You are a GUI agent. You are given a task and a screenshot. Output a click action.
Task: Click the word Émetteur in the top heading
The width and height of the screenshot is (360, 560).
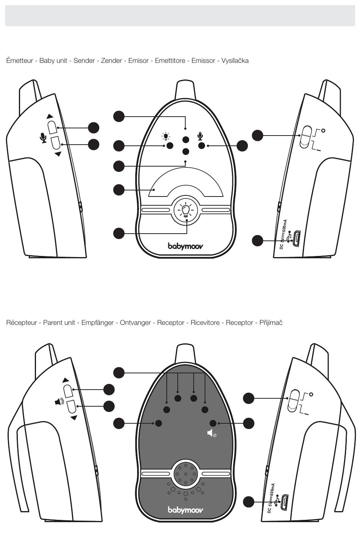pos(19,61)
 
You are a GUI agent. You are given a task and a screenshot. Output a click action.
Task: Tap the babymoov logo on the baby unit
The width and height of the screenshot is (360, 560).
pos(185,246)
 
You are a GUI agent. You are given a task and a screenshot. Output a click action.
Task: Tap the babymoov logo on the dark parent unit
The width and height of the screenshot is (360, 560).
pos(185,510)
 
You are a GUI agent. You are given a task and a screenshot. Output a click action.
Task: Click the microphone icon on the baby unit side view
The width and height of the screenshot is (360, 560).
pos(44,138)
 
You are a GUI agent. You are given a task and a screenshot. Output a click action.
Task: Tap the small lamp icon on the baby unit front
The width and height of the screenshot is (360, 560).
pos(166,136)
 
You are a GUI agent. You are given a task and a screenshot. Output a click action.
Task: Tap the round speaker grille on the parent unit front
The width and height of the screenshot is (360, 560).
pos(185,474)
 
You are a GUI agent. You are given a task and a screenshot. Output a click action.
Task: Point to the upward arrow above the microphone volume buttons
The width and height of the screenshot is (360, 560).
pos(50,116)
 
